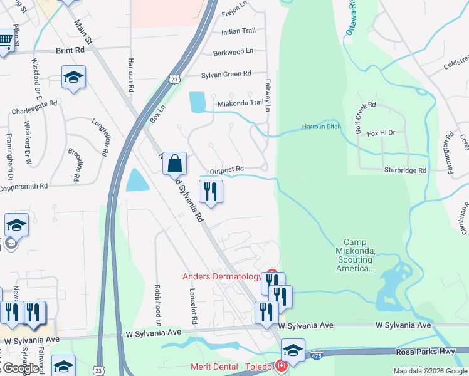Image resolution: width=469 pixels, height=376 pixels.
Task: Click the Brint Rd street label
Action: pyautogui.click(x=70, y=49)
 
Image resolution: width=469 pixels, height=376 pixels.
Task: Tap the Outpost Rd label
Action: pyautogui.click(x=226, y=170)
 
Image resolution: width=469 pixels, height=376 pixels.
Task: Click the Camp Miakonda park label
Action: pyautogui.click(x=359, y=256)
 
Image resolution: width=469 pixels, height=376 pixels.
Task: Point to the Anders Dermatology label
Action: pyautogui.click(x=222, y=277)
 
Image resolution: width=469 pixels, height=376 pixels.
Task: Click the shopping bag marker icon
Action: pyautogui.click(x=175, y=164)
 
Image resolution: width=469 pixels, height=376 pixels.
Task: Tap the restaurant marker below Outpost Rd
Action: pyautogui.click(x=211, y=191)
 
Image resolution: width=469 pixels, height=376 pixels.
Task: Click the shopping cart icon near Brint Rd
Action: pyautogui.click(x=5, y=41)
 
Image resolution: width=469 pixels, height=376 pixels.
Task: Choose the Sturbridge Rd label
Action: pyautogui.click(x=405, y=170)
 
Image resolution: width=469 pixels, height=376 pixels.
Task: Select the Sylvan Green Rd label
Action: pyautogui.click(x=226, y=74)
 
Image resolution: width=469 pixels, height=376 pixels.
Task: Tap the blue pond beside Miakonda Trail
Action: pyautogui.click(x=197, y=102)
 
